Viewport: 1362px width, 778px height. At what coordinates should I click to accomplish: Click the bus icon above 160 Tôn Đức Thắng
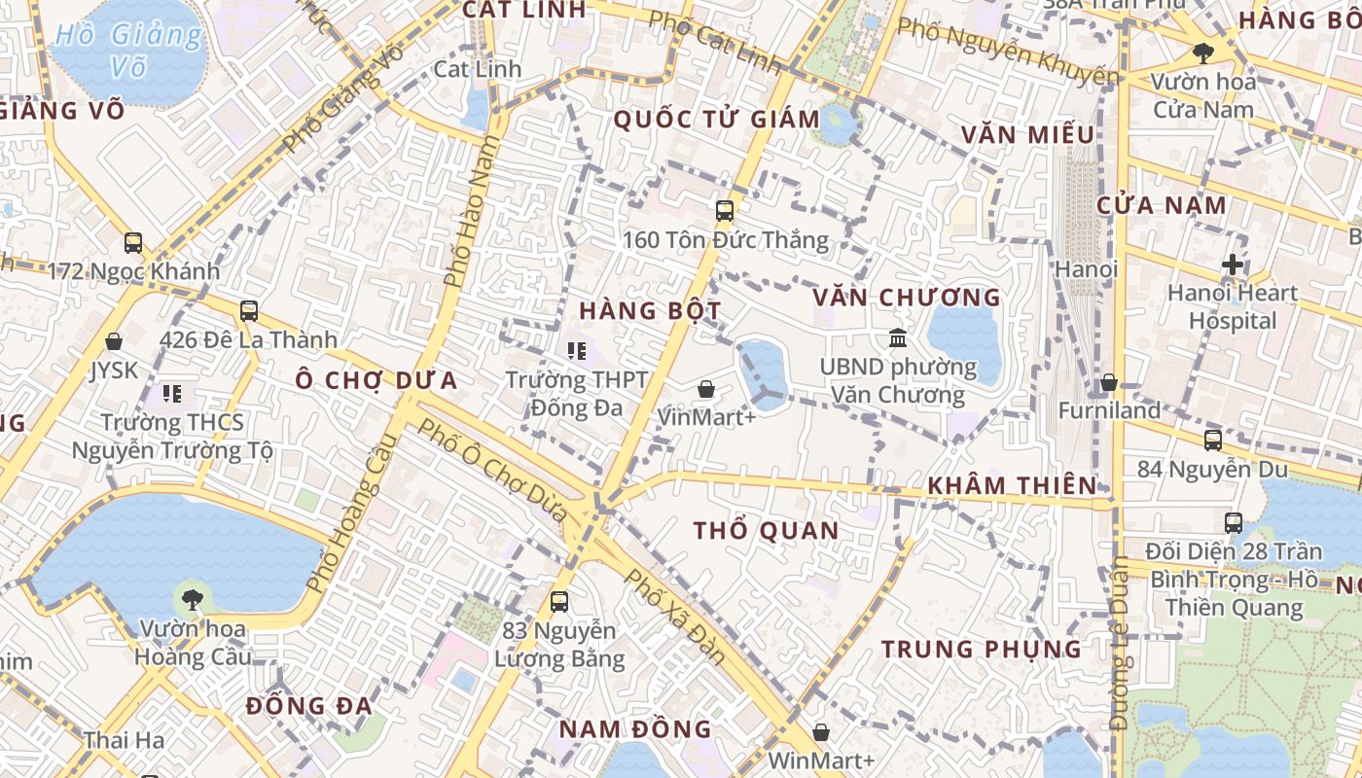pos(724,210)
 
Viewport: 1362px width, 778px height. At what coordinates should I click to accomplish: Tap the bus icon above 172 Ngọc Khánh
pos(133,242)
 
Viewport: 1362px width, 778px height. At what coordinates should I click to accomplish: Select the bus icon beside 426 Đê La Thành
pos(249,311)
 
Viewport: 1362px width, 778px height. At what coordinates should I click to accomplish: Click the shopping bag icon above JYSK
pos(114,341)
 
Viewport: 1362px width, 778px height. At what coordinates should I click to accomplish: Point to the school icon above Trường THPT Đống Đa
pos(577,350)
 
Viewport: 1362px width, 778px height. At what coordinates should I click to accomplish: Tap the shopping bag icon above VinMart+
pos(706,389)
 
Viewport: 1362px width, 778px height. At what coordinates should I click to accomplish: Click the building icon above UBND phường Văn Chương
pos(898,338)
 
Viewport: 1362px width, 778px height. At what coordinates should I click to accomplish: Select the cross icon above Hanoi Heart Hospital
pos(1233,265)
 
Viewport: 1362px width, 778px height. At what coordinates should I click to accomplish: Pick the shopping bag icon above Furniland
pos(1108,382)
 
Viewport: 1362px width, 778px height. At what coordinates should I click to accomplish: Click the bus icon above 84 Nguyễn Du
pos(1213,441)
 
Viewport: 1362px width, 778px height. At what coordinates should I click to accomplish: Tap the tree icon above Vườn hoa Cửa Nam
pos(1203,53)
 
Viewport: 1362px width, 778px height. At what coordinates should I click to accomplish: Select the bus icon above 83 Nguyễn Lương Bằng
pos(559,602)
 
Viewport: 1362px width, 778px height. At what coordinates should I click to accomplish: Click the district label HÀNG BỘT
pos(650,311)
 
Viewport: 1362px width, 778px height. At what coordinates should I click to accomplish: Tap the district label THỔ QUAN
pos(766,531)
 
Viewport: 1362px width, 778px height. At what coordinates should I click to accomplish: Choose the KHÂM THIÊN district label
pos(1012,486)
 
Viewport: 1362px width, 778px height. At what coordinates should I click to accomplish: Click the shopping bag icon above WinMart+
pos(821,732)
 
